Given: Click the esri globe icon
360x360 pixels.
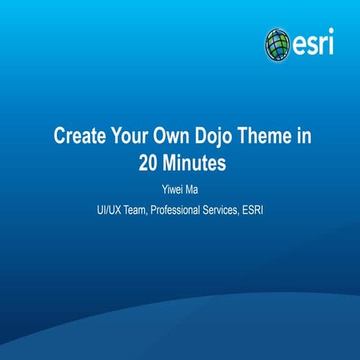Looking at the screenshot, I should tap(277, 43).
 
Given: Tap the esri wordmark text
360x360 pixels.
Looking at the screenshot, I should tap(311, 43).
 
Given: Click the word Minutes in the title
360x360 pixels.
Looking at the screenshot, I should tap(194, 161).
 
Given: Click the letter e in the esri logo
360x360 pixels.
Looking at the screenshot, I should tap(298, 44).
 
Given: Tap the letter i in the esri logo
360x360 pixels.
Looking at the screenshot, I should tap(330, 43).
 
